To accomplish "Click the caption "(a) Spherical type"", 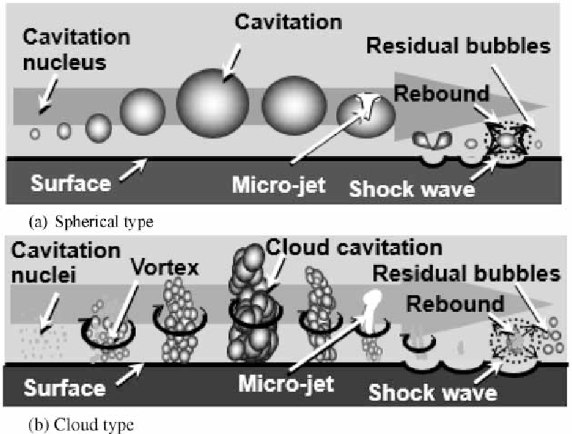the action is tap(91, 222).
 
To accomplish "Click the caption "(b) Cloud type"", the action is tap(81, 424).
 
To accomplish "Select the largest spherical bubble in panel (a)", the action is tap(213, 103).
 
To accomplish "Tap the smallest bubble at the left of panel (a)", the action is tap(35, 134).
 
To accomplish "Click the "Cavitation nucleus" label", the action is tap(76, 50).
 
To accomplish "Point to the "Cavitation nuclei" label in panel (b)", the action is tap(66, 263).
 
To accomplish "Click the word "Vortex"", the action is tap(165, 268).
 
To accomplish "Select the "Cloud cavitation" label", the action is tap(354, 248).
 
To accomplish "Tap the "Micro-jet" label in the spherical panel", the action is tap(278, 185).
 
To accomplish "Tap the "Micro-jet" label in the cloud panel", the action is tap(286, 384).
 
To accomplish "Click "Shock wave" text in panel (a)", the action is tap(412, 189).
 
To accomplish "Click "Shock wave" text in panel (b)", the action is tap(432, 393).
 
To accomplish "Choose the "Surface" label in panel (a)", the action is tap(70, 183).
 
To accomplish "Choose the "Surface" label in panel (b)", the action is tap(64, 387).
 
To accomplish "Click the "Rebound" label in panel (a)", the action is tap(441, 94).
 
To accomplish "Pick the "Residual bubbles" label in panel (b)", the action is tap(466, 274).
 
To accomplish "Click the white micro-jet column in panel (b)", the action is tap(372, 309).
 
